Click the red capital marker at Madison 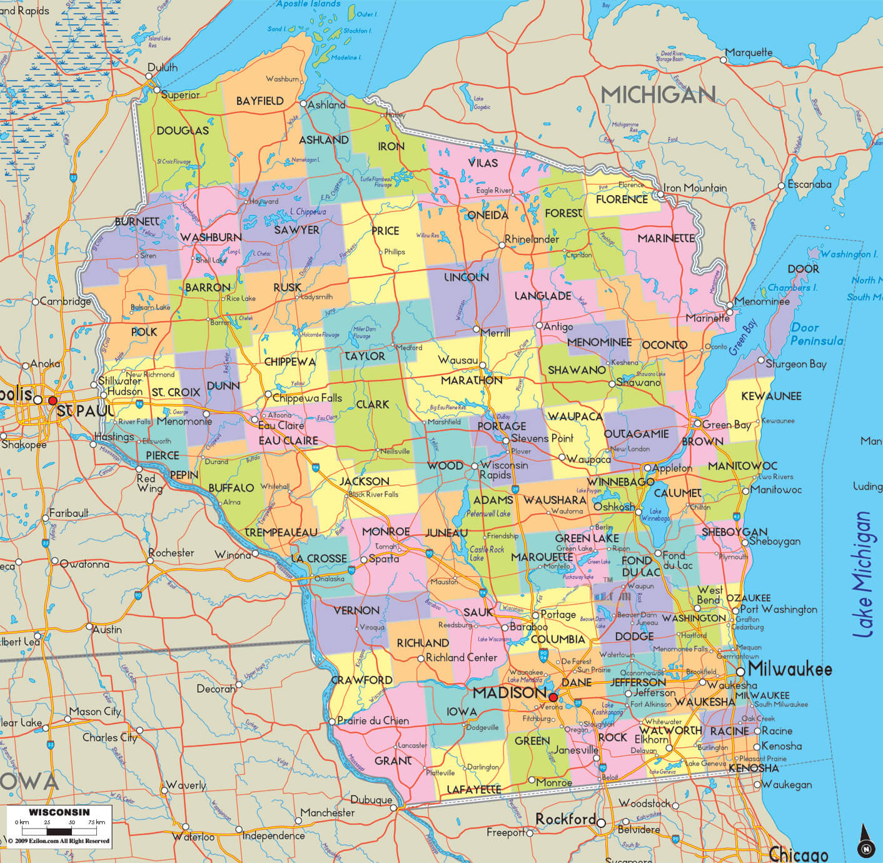pyautogui.click(x=553, y=697)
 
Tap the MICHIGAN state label pyautogui.click(x=658, y=95)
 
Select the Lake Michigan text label pyautogui.click(x=863, y=575)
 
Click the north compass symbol pyautogui.click(x=865, y=841)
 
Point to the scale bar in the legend pyautogui.click(x=59, y=831)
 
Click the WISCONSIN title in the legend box pyautogui.click(x=59, y=812)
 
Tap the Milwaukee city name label pyautogui.click(x=790, y=669)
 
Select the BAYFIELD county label pyautogui.click(x=260, y=101)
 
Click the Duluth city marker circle pyautogui.click(x=149, y=76)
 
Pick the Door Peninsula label pyautogui.click(x=816, y=334)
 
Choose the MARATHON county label pyautogui.click(x=472, y=380)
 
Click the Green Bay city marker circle pyautogui.click(x=697, y=424)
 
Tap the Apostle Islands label pyautogui.click(x=309, y=4)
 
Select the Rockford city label pyautogui.click(x=565, y=819)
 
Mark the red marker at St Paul pyautogui.click(x=53, y=400)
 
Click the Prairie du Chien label pyautogui.click(x=373, y=720)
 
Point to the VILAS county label pyautogui.click(x=483, y=163)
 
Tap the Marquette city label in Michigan pyautogui.click(x=749, y=53)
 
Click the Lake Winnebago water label pyautogui.click(x=655, y=515)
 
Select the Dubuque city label pyautogui.click(x=371, y=800)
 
